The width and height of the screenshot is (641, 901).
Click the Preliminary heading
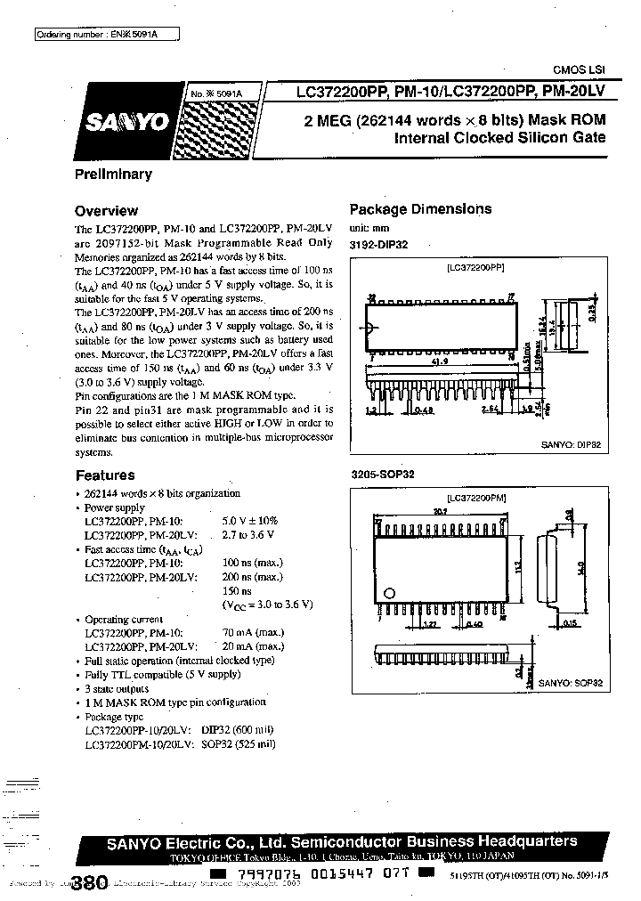113,175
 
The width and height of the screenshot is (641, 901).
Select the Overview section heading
106,211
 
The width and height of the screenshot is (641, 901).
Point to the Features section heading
105,475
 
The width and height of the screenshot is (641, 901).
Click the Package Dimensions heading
420,209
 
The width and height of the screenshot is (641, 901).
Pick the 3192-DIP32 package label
378,244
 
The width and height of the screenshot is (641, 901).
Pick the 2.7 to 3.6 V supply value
247,534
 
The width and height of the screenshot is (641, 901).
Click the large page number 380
88,883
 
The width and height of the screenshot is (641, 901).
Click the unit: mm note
369,229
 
